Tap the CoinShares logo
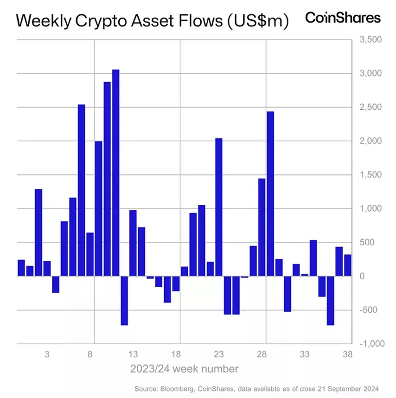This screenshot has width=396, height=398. (x=343, y=18)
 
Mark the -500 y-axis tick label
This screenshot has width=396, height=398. (x=370, y=310)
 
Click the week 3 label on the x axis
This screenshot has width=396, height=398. (x=47, y=355)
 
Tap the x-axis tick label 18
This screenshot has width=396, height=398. (x=176, y=355)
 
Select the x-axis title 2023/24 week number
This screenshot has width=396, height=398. (x=184, y=369)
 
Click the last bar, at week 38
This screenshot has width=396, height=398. (x=347, y=265)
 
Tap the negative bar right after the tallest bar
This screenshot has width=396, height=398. (x=124, y=300)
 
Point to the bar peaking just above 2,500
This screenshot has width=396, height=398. (x=82, y=190)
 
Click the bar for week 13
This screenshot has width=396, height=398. (x=133, y=243)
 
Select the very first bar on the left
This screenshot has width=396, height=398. (x=21, y=268)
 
